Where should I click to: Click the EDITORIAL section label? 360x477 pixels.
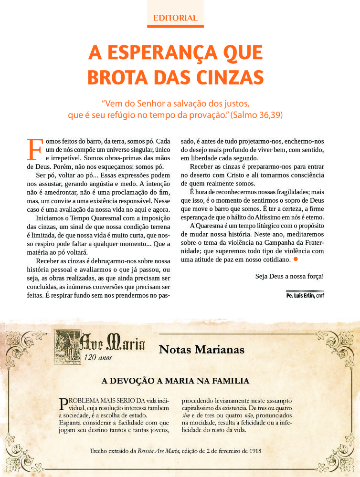point(175,18)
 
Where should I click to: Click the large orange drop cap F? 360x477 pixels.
point(34,150)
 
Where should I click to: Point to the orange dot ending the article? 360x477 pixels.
point(296,259)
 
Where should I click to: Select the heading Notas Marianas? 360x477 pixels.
point(201,350)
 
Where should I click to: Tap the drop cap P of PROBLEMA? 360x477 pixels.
point(62,404)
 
